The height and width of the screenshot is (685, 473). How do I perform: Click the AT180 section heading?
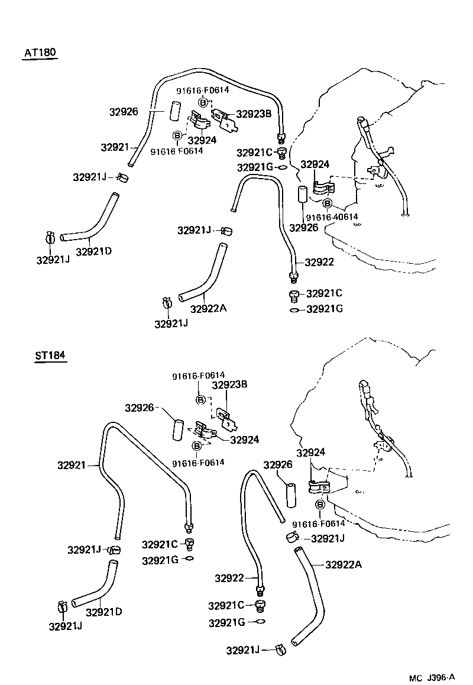click(x=40, y=53)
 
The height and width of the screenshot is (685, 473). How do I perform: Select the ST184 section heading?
click(x=50, y=356)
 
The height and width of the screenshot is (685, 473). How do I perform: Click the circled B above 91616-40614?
click(x=328, y=204)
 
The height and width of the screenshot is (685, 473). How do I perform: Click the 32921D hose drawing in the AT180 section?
click(x=95, y=222)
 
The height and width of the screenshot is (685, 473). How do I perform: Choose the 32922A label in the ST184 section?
click(x=343, y=564)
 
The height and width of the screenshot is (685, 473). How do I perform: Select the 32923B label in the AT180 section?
click(x=254, y=114)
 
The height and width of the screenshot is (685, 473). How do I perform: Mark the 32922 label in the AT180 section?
click(x=319, y=262)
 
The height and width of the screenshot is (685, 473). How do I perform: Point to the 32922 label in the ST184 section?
click(x=229, y=578)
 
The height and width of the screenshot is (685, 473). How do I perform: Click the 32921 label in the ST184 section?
click(x=72, y=466)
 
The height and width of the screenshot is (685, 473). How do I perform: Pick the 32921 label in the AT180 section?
click(x=115, y=146)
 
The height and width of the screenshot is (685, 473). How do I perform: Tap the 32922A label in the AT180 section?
click(x=209, y=308)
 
